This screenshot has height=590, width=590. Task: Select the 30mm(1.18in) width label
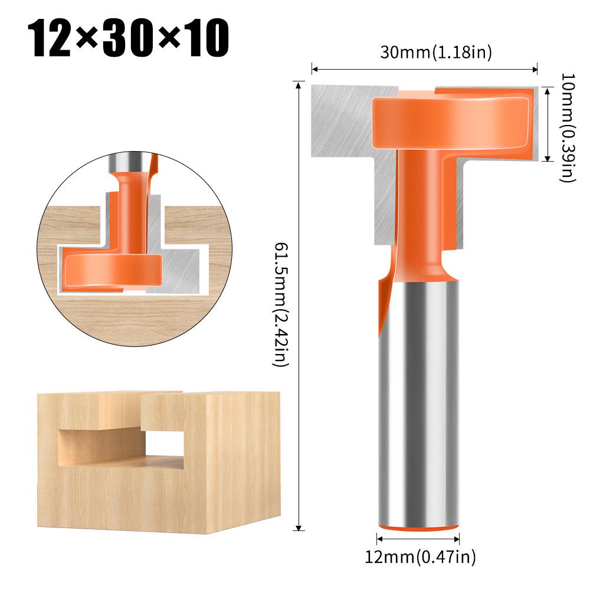click(x=435, y=53)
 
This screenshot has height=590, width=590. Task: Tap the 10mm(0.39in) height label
click(x=568, y=127)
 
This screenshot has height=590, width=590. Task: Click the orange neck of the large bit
click(x=420, y=206)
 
